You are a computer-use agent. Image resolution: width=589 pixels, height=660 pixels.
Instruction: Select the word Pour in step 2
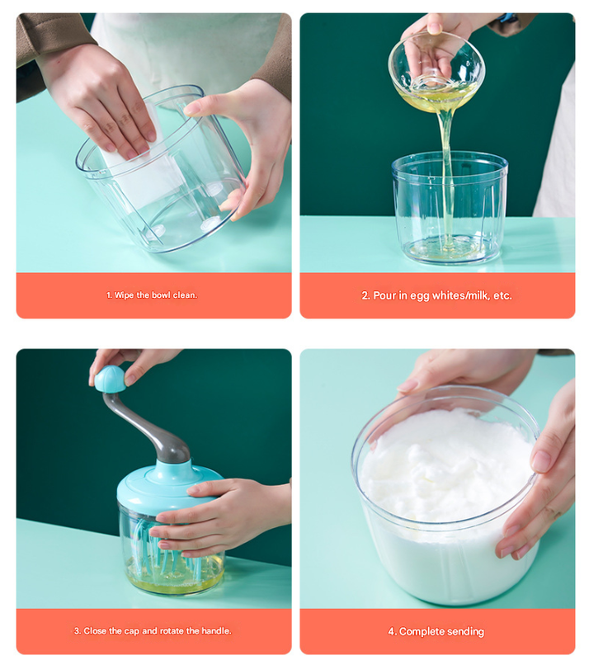(x=386, y=295)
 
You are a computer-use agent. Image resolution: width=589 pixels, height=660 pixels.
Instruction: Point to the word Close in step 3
(x=97, y=631)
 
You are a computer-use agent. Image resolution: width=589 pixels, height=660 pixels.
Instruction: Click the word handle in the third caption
(x=216, y=631)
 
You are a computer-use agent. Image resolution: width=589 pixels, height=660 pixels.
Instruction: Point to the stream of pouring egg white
(x=446, y=165)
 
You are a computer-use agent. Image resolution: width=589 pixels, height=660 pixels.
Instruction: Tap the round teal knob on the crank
(x=110, y=379)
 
